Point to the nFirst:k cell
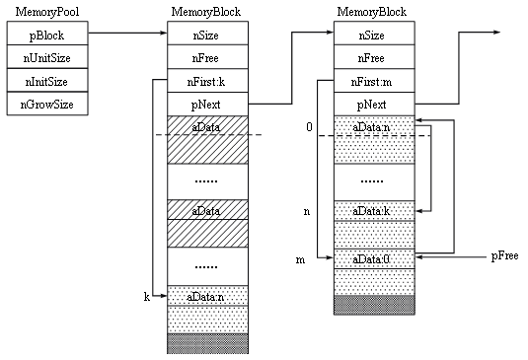point(206,81)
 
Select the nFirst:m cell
point(374,81)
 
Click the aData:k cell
point(374,211)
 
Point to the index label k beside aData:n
point(146,295)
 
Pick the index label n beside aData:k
point(307,212)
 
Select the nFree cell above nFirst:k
point(206,58)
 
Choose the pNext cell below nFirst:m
point(374,104)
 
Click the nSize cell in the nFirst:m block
point(374,36)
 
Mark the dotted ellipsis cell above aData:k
point(374,181)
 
